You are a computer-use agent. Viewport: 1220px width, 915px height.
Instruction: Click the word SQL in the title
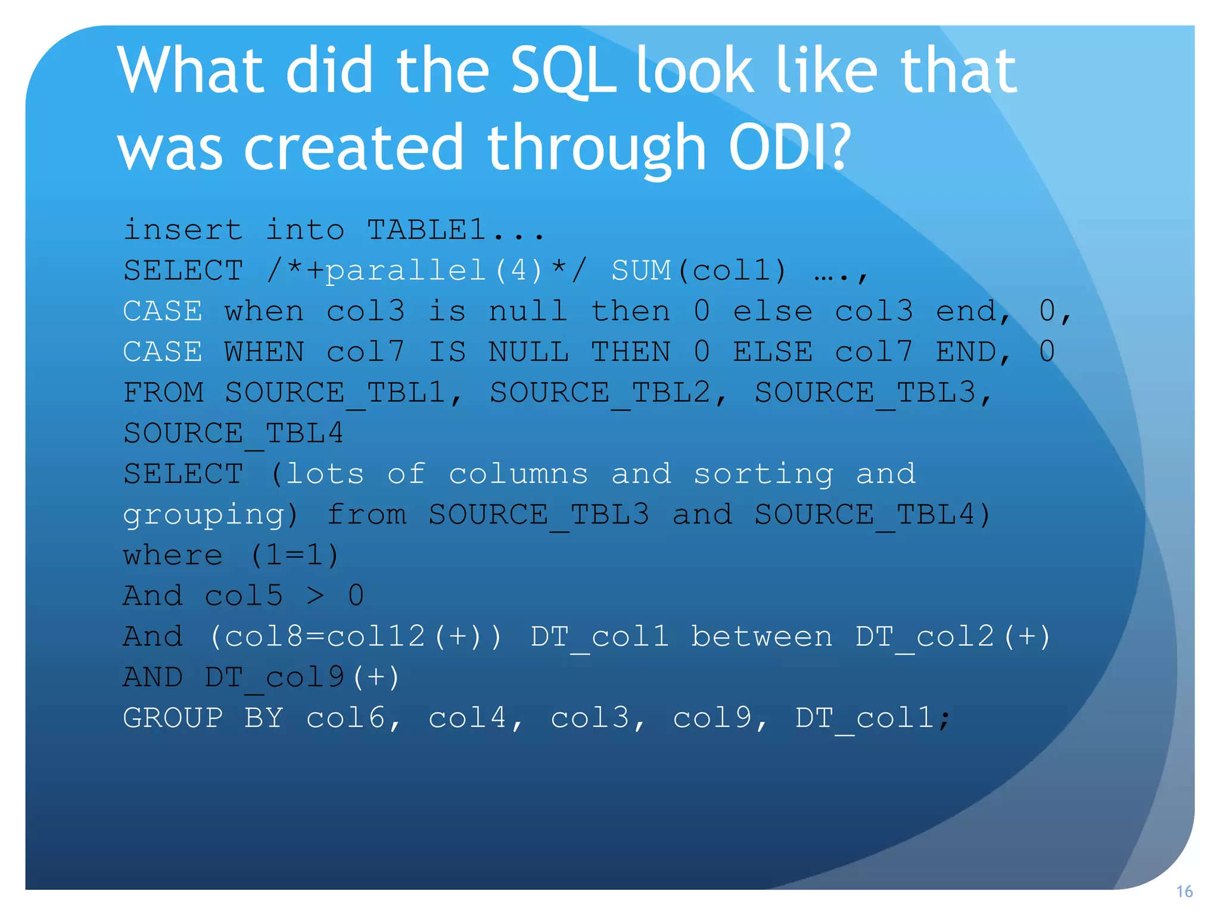pyautogui.click(x=563, y=71)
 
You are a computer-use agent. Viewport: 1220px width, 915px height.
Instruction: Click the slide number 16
pyautogui.click(x=1184, y=892)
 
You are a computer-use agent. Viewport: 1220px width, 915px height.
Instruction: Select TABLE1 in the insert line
pyautogui.click(x=427, y=230)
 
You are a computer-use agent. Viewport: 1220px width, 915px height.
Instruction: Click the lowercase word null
pyautogui.click(x=528, y=311)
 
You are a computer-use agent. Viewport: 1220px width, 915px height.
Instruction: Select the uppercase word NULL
pyautogui.click(x=528, y=351)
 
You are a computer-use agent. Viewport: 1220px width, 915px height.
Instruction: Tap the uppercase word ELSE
pyautogui.click(x=772, y=351)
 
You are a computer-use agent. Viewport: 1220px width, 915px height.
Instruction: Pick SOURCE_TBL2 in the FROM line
pyautogui.click(x=600, y=393)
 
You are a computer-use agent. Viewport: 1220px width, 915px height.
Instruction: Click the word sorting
pyautogui.click(x=763, y=475)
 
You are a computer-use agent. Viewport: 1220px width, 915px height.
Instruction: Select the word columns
pyautogui.click(x=518, y=474)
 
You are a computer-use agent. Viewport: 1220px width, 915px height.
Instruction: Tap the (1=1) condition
pyautogui.click(x=295, y=555)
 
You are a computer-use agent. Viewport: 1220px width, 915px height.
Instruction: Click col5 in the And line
pyautogui.click(x=244, y=596)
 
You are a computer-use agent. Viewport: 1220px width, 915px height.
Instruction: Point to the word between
pyautogui.click(x=762, y=636)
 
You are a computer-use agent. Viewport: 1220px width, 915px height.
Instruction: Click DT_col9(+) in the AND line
pyautogui.click(x=303, y=677)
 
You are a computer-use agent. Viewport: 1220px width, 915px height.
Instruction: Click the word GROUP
pyautogui.click(x=173, y=718)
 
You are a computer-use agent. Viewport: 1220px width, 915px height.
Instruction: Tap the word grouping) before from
pyautogui.click(x=210, y=515)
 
